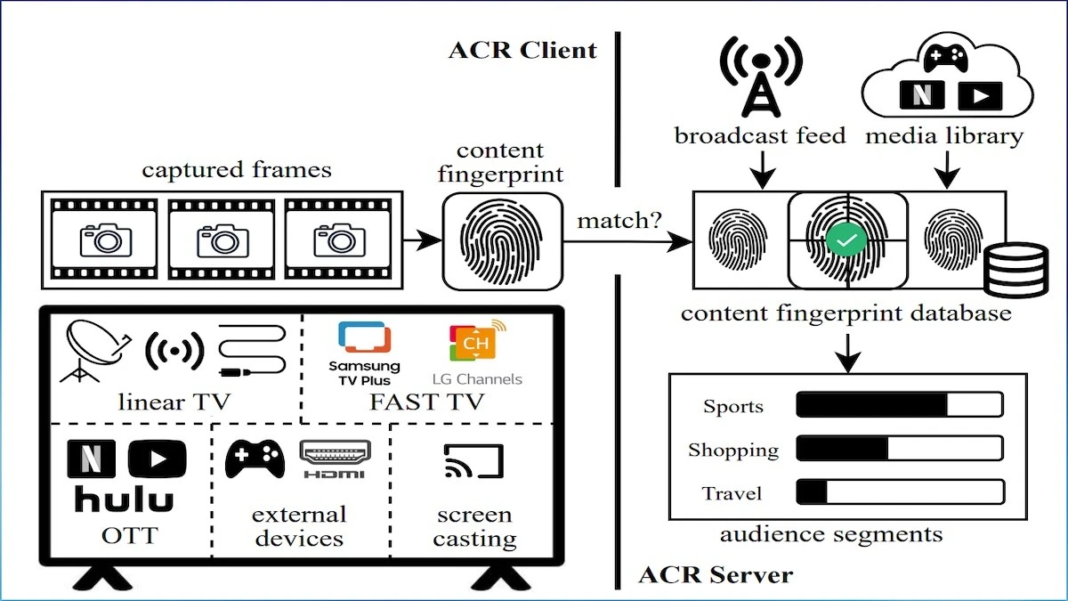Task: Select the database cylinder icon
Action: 1015,268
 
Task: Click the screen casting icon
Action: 473,462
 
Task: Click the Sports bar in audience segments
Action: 899,405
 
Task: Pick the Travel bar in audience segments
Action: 899,491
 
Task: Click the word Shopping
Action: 732,450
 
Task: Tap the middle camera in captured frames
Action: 222,239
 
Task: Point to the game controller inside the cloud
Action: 945,58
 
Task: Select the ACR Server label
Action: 715,574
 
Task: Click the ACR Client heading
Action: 522,49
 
